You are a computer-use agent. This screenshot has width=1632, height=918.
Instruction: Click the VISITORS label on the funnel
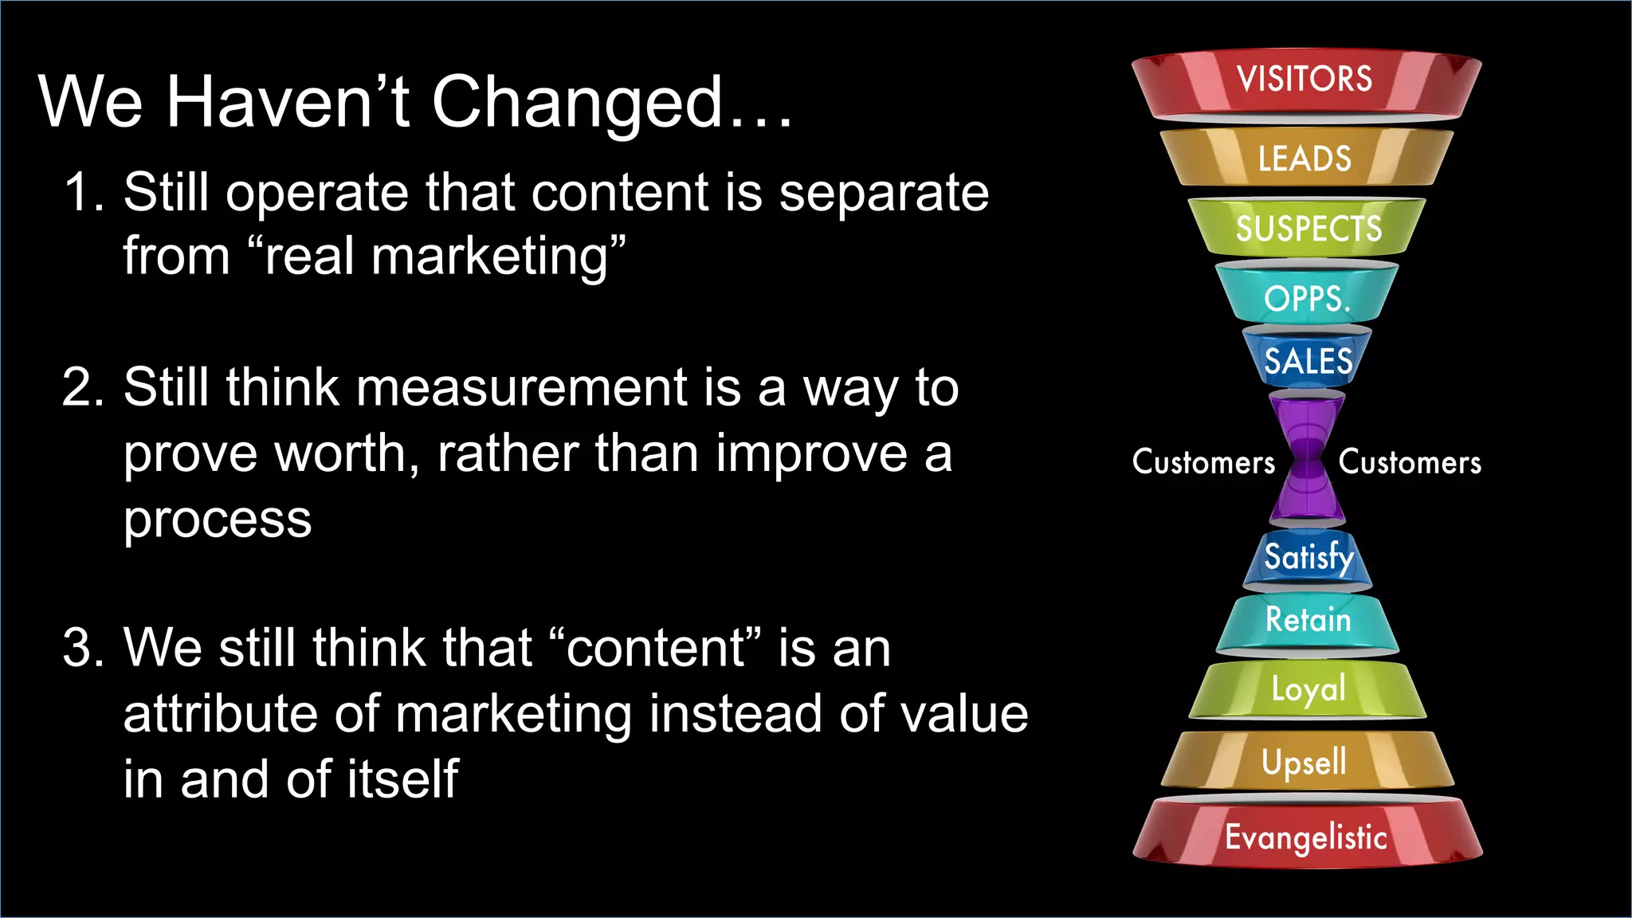coord(1304,79)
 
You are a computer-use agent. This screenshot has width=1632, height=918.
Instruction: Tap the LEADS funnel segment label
coord(1304,159)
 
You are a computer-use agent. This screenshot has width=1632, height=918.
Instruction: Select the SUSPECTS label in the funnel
coord(1308,229)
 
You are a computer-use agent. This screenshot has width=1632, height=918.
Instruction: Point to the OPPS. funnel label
coord(1307,299)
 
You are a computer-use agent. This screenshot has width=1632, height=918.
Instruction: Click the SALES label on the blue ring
coord(1308,361)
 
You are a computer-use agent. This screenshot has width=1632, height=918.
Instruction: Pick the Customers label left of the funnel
coord(1203,462)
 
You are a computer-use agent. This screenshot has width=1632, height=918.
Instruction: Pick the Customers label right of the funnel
coord(1410,462)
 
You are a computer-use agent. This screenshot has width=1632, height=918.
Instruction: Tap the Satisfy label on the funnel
coord(1308,556)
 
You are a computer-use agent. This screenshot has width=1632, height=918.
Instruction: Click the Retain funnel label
coord(1308,620)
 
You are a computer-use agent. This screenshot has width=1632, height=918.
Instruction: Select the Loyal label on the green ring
coord(1308,689)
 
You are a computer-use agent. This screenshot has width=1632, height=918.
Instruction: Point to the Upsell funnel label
coord(1304,762)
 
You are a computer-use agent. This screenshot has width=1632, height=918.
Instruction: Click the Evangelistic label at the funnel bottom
coord(1306,838)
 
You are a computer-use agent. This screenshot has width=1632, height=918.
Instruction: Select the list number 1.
coord(83,193)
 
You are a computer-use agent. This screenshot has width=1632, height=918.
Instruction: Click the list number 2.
coord(83,388)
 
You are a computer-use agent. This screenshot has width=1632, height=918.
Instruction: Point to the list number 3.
coord(83,647)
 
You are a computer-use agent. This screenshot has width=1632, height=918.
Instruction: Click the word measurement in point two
coord(521,388)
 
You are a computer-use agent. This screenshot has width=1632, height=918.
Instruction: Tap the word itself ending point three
coord(403,779)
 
